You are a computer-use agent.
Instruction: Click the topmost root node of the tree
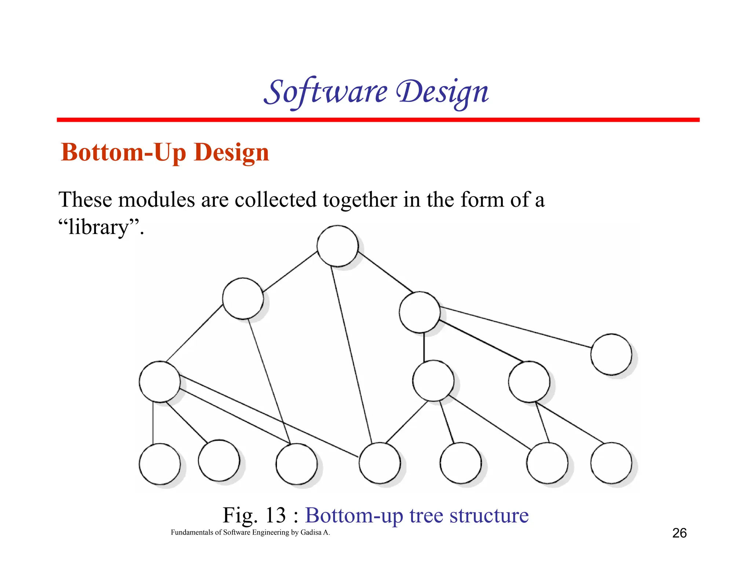[x=337, y=246]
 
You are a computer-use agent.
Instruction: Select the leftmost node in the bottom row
[x=160, y=464]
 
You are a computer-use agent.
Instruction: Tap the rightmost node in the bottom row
[x=611, y=463]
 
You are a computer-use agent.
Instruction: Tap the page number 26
[x=679, y=533]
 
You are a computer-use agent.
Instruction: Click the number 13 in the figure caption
[x=275, y=515]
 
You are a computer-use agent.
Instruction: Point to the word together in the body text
[x=360, y=200]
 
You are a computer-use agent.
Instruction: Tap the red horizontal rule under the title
[x=378, y=120]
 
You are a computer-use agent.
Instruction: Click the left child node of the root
[x=243, y=298]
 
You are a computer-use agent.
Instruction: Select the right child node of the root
[x=420, y=312]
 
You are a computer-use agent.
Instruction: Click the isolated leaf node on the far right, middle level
[x=611, y=354]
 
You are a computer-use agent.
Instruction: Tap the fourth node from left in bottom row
[x=380, y=463]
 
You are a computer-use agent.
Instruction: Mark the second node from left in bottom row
[x=219, y=460]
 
